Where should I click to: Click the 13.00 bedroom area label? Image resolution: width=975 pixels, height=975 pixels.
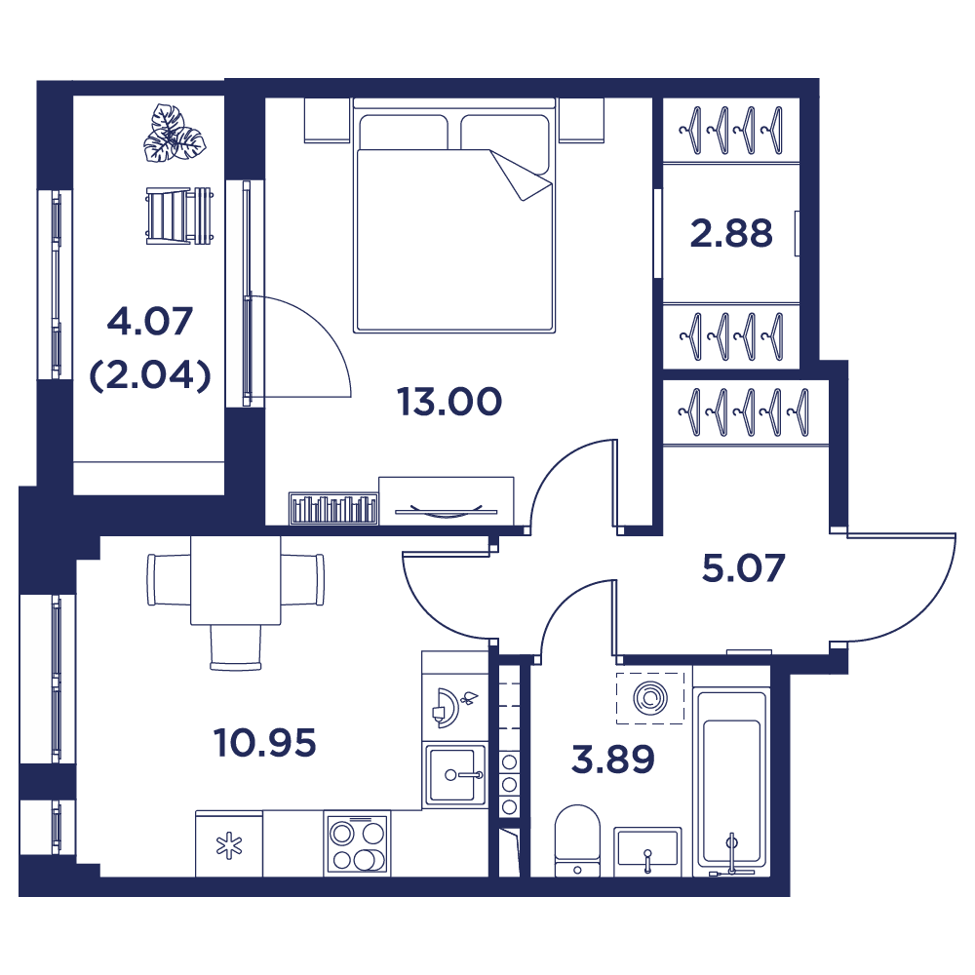(449, 402)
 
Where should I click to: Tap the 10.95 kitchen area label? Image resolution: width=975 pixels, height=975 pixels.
(265, 743)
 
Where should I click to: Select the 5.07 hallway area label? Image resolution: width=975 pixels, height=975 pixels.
(744, 568)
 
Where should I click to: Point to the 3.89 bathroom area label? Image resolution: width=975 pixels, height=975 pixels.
(613, 760)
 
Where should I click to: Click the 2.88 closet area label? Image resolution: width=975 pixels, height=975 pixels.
(731, 234)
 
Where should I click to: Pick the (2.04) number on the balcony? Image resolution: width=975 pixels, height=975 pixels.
(150, 375)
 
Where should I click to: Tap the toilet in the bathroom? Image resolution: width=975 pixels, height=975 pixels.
(577, 840)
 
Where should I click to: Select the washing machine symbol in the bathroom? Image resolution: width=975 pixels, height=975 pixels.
(650, 698)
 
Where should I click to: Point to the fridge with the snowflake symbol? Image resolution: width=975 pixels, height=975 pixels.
(229, 843)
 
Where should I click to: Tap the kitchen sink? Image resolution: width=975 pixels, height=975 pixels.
(454, 775)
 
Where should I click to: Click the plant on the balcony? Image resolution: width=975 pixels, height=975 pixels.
(175, 135)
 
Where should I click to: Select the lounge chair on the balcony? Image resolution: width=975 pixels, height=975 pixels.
(179, 215)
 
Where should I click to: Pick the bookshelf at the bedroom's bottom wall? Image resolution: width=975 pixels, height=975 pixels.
(333, 509)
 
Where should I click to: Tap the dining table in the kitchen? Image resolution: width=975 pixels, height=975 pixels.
(236, 580)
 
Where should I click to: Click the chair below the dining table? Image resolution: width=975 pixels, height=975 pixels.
(236, 647)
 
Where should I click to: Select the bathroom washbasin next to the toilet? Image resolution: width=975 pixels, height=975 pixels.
(647, 851)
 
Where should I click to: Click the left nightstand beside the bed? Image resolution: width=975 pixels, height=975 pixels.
(327, 120)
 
